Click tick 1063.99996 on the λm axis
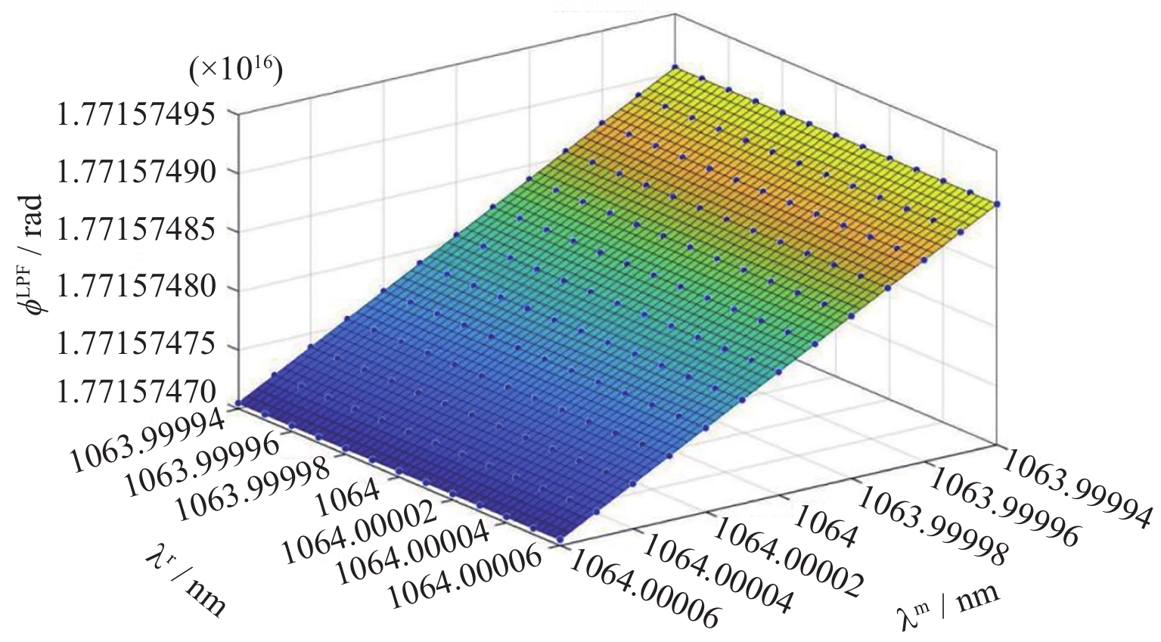(x=1002, y=505)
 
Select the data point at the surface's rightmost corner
(x=998, y=203)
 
